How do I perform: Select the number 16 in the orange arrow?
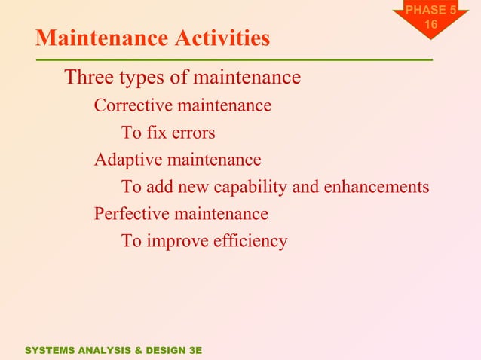(430, 25)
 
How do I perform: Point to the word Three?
(89, 78)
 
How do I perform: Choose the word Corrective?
(131, 105)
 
